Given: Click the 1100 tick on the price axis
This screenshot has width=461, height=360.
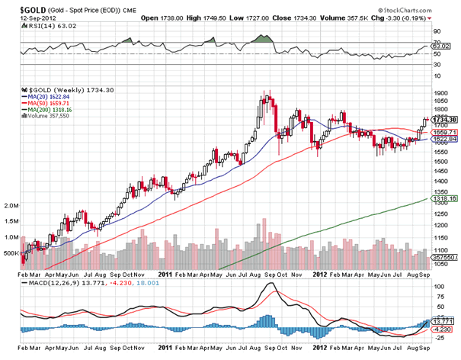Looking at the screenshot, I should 440,250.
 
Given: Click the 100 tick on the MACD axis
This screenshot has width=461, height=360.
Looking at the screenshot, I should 438,287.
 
